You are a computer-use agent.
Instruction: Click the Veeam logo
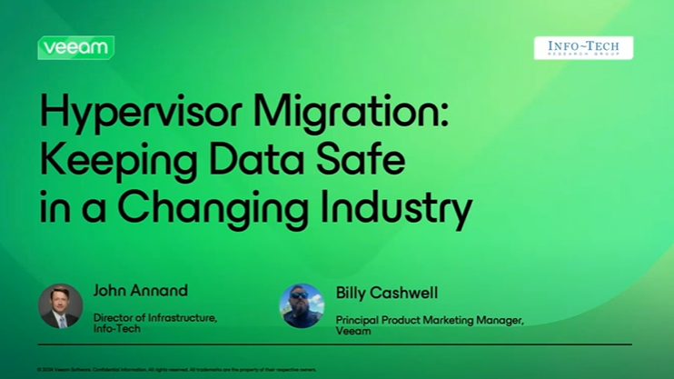[x=75, y=47]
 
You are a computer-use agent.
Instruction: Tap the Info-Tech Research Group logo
[x=583, y=47]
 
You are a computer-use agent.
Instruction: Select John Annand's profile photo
[x=61, y=305]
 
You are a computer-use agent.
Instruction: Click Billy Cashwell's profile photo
[x=302, y=305]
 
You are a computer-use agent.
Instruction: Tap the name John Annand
[x=141, y=291]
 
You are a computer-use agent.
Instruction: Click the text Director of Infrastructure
[x=154, y=317]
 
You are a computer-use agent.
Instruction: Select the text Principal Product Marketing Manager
[x=430, y=320]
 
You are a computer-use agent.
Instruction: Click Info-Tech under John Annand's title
[x=117, y=329]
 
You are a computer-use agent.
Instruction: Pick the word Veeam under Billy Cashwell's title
[x=352, y=331]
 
